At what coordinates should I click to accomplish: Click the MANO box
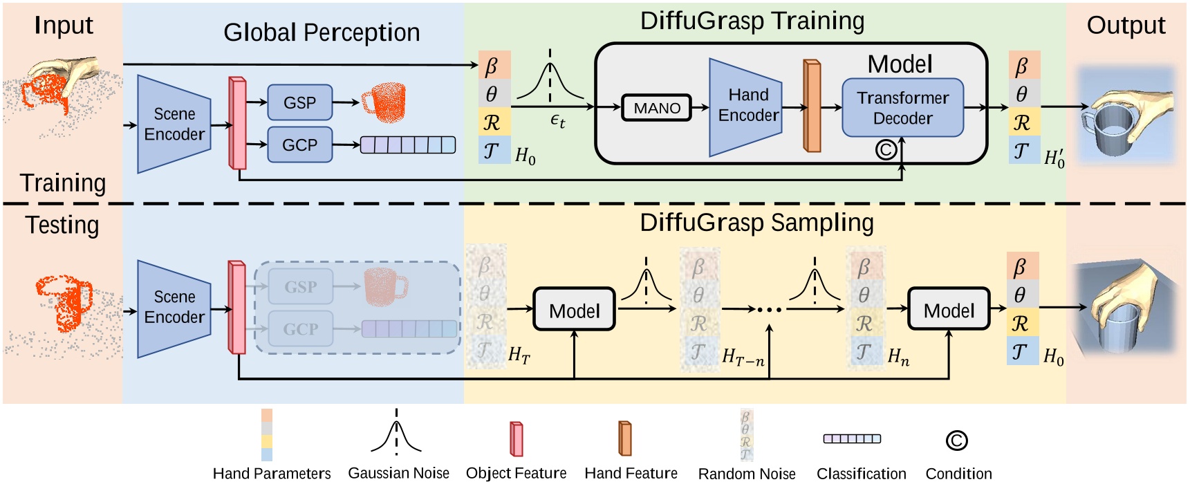coord(656,108)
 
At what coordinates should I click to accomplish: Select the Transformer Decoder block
coord(902,108)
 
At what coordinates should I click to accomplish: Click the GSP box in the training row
coord(299,102)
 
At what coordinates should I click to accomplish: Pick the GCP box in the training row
coord(299,145)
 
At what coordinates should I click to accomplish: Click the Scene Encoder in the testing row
coord(174,308)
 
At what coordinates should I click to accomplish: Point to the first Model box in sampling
coord(574,310)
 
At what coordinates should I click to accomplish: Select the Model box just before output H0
coord(948,310)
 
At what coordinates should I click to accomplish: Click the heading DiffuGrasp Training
coord(752,21)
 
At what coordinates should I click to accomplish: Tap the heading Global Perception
coord(321,33)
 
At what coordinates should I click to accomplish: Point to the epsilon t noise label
coord(557,121)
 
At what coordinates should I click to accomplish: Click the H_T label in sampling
coord(519,355)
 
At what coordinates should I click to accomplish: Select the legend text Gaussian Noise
coord(398,473)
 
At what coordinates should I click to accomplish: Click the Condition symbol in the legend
coord(956,441)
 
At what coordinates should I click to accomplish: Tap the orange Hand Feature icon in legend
coord(625,438)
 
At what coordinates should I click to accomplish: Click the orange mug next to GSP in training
coord(384,102)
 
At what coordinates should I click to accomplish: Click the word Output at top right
coord(1126,26)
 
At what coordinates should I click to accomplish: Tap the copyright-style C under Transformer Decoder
coord(886,149)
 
